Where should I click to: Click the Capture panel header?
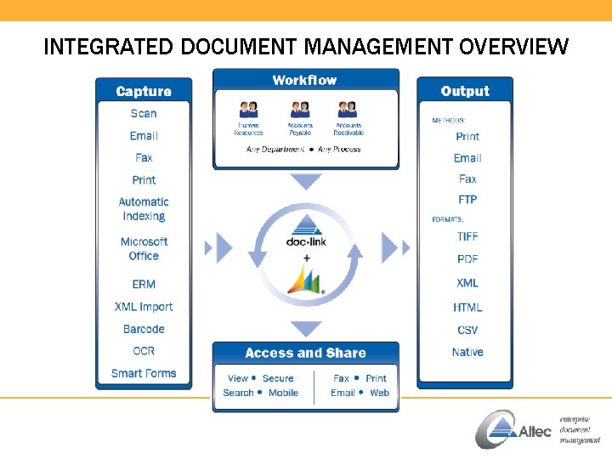point(144,91)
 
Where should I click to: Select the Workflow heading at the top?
point(304,80)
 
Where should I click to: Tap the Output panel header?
point(465,91)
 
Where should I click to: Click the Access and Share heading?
point(305,353)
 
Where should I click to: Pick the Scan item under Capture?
point(144,113)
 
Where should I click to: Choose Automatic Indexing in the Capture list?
point(144,209)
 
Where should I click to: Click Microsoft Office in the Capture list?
point(144,249)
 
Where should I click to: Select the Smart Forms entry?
point(144,373)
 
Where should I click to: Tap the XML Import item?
point(144,307)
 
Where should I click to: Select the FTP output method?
point(467,200)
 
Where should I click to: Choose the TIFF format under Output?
point(467,236)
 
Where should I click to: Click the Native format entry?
point(467,352)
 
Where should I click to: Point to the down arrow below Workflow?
point(306,181)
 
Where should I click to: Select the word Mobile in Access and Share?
point(283,393)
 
